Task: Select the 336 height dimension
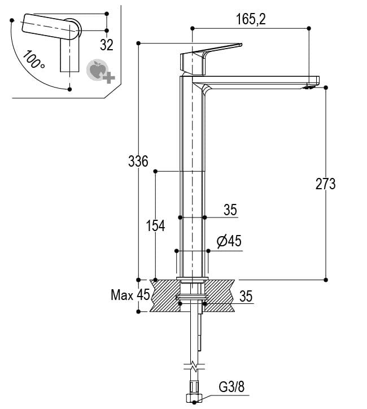tap(138, 162)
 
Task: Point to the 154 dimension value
tap(155, 226)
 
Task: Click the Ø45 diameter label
tap(229, 241)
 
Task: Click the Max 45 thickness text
tap(130, 295)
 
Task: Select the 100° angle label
tap(34, 59)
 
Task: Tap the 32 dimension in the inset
tap(106, 43)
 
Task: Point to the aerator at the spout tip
tap(309, 86)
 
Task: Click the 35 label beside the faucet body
tap(229, 210)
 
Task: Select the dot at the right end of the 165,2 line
tap(309, 28)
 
